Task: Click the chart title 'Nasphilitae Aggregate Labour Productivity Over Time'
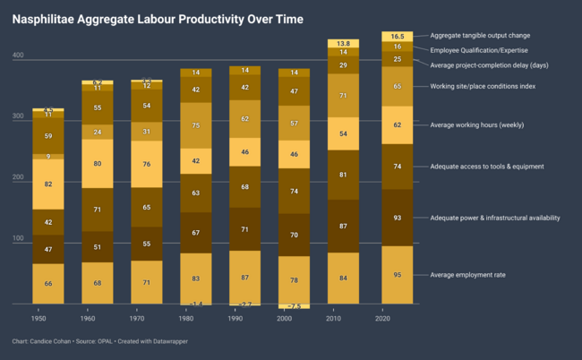[157, 19]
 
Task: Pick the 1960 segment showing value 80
[97, 164]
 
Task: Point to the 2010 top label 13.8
[343, 43]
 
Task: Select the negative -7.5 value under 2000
[293, 306]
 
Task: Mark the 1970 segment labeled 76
[146, 164]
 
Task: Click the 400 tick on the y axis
[18, 56]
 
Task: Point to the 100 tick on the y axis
[18, 238]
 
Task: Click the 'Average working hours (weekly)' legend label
[475, 125]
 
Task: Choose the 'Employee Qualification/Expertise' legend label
[489, 50]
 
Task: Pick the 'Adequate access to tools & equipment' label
[487, 167]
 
